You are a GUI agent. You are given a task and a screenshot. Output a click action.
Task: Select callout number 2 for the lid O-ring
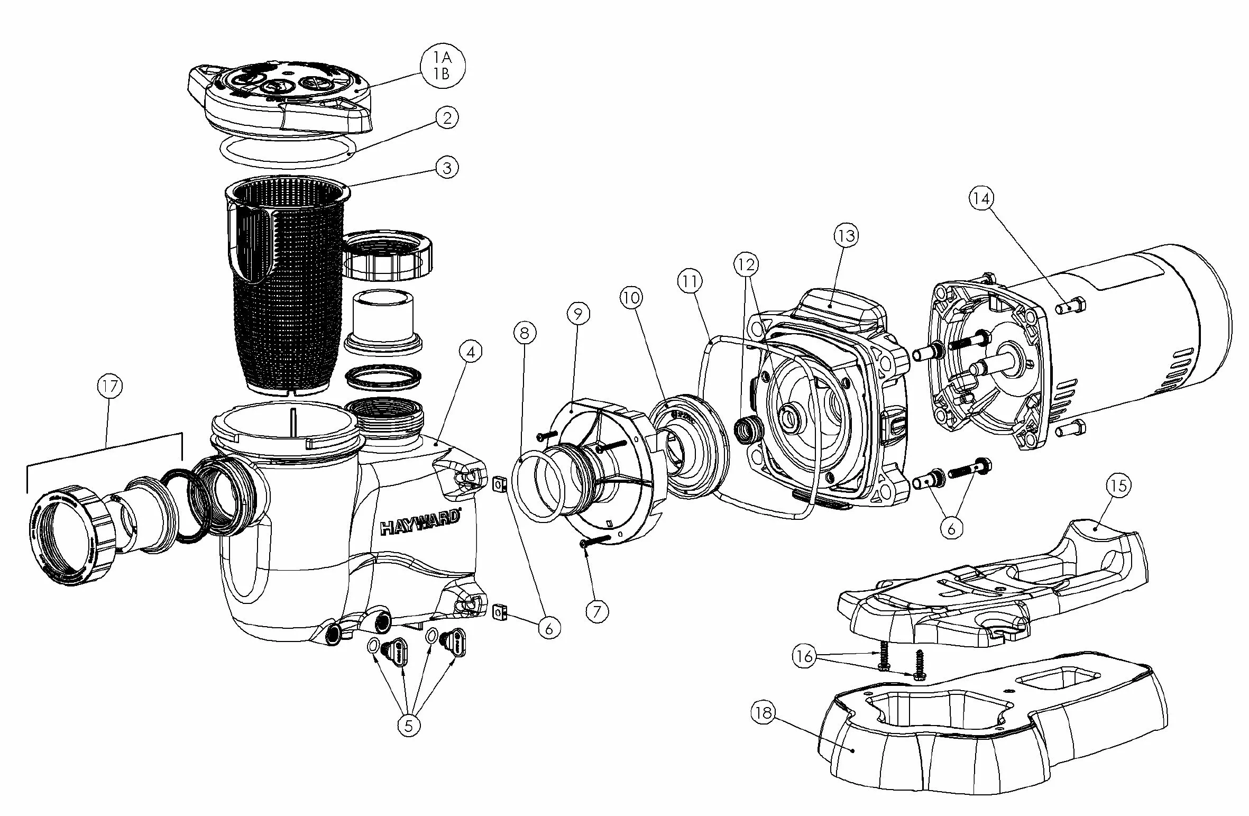pyautogui.click(x=447, y=117)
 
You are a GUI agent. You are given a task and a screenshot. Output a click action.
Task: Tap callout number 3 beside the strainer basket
pyautogui.click(x=447, y=168)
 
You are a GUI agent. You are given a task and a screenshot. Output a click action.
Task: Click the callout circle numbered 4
pyautogui.click(x=471, y=352)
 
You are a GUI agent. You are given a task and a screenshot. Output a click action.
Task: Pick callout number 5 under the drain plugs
pyautogui.click(x=409, y=726)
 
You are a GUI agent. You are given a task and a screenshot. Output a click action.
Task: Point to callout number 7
pyautogui.click(x=597, y=611)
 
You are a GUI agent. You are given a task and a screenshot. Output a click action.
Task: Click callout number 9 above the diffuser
pyautogui.click(x=577, y=314)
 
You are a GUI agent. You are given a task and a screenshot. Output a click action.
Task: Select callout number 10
pyautogui.click(x=631, y=298)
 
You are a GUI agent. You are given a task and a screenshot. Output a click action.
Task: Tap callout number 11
pyautogui.click(x=690, y=282)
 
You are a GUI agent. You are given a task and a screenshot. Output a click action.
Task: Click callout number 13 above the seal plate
pyautogui.click(x=847, y=235)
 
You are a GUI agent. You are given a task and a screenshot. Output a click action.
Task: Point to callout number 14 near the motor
pyautogui.click(x=981, y=198)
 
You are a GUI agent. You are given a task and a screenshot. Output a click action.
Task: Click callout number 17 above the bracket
pyautogui.click(x=109, y=387)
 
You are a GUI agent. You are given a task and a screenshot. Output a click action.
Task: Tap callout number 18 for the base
pyautogui.click(x=763, y=713)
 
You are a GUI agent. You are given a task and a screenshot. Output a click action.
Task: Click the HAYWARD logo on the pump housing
pyautogui.click(x=420, y=528)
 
